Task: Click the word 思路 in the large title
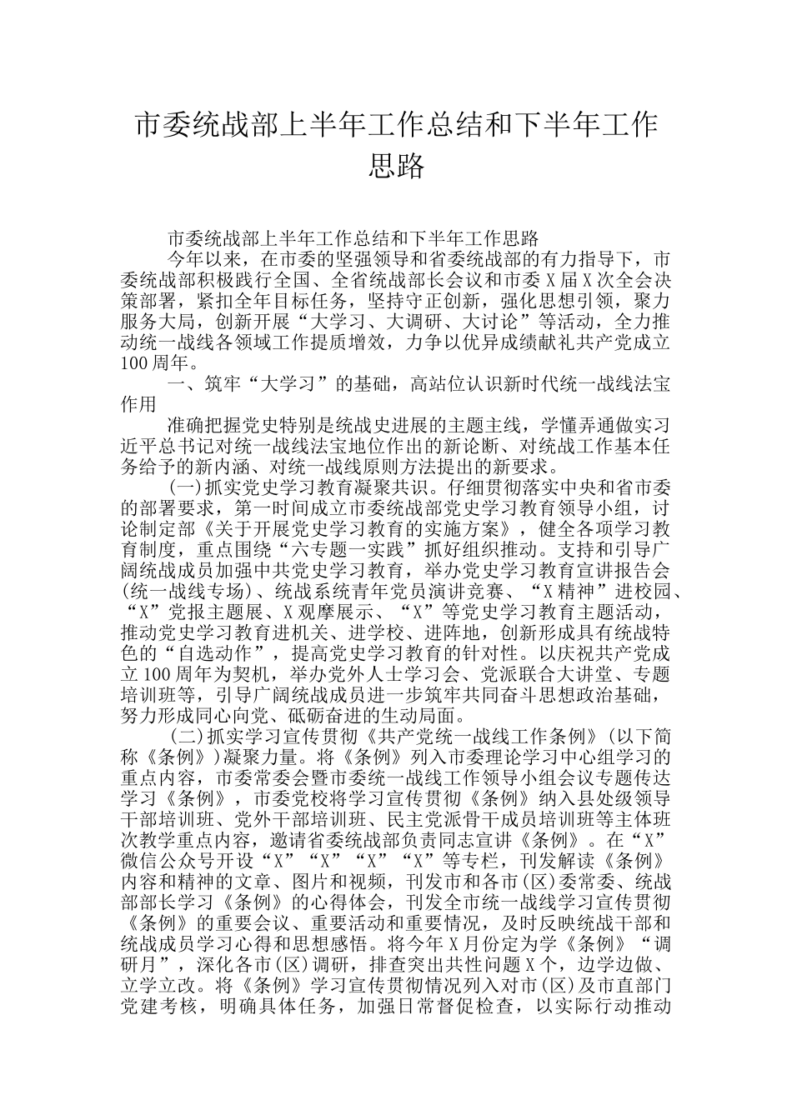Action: (x=396, y=165)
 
